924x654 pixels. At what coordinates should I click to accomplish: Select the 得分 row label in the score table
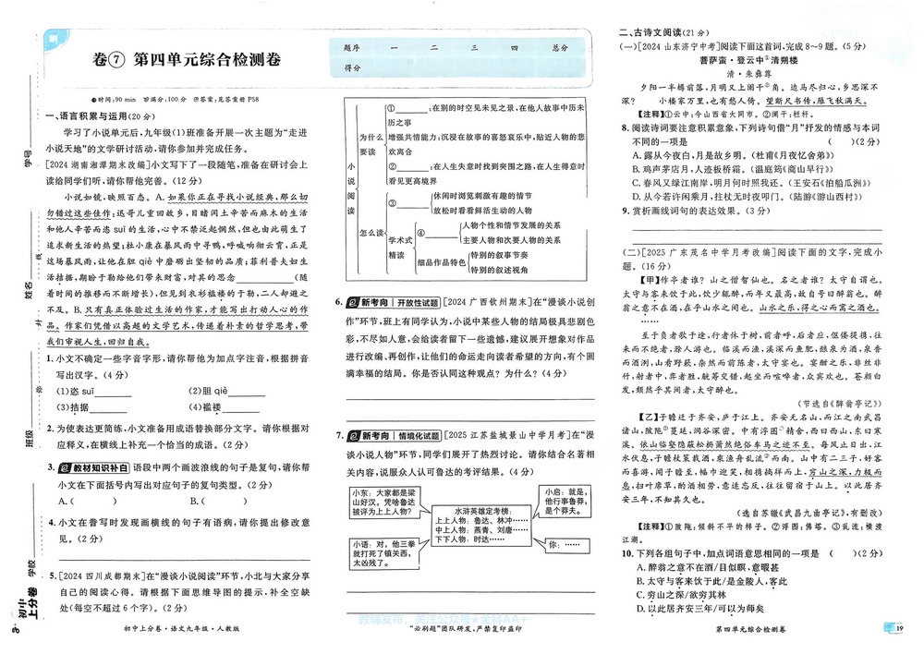pyautogui.click(x=351, y=68)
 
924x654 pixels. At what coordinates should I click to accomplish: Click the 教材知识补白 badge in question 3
pyautogui.click(x=94, y=469)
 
